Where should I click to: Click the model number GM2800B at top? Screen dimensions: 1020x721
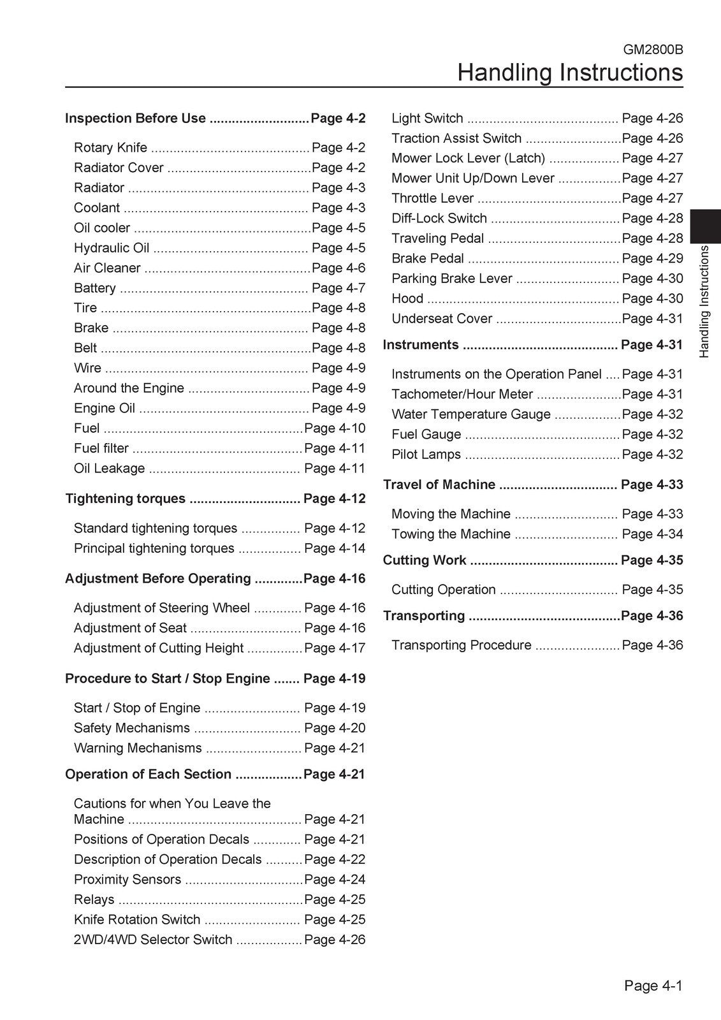pos(653,48)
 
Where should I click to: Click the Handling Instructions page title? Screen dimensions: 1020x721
pos(570,72)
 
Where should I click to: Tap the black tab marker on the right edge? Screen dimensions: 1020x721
pos(705,226)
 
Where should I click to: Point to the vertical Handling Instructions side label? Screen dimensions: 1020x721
pos(704,302)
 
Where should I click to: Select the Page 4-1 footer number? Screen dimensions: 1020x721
pos(653,986)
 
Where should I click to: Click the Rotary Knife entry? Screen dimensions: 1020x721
pos(110,148)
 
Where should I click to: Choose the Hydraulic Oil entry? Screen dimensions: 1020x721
pos(112,248)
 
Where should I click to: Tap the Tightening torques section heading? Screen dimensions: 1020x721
pos(126,499)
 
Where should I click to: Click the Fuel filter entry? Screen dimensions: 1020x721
pos(101,448)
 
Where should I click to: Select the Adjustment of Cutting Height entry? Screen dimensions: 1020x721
pos(159,648)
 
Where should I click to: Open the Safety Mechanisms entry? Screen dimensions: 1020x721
pos(132,728)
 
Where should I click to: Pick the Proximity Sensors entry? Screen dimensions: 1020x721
pos(127,880)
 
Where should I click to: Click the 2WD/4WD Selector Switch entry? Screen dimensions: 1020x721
pos(153,940)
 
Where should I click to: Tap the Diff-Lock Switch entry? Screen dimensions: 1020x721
pos(439,218)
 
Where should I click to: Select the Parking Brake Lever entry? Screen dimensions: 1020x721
pos(452,279)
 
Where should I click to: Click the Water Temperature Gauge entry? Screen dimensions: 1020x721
pos(471,414)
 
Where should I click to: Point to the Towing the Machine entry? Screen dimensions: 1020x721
pos(451,534)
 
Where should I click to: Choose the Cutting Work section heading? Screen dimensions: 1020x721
pos(425,560)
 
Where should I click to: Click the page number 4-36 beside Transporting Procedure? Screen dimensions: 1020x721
pos(652,645)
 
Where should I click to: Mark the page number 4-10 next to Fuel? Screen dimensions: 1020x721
pos(335,428)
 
